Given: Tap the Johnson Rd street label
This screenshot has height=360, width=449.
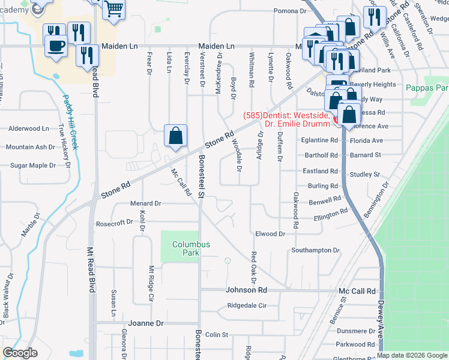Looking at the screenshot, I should tap(246, 290).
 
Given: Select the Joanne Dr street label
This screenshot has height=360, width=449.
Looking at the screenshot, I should tap(143, 323).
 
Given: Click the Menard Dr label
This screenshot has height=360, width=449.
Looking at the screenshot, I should tap(146, 203).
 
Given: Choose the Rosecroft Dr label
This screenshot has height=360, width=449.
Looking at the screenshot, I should tap(114, 223).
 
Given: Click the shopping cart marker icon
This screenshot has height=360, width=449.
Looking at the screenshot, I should tap(113, 9).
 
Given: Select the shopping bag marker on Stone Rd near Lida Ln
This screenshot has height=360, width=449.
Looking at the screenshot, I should tap(175, 136).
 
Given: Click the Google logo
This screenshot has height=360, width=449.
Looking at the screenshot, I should tap(20, 353).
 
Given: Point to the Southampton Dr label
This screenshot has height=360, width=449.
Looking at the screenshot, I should tap(316, 250).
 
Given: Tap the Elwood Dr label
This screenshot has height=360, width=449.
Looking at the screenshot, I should tap(270, 233).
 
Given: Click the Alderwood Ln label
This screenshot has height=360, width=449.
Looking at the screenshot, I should tap(29, 128).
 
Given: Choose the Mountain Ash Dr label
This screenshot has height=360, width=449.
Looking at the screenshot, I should tap(30, 147).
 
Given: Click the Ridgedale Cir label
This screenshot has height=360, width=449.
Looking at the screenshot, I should tap(247, 305).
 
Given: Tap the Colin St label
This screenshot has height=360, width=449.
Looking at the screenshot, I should tap(217, 334).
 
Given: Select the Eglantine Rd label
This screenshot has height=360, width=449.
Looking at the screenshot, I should tap(320, 140).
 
